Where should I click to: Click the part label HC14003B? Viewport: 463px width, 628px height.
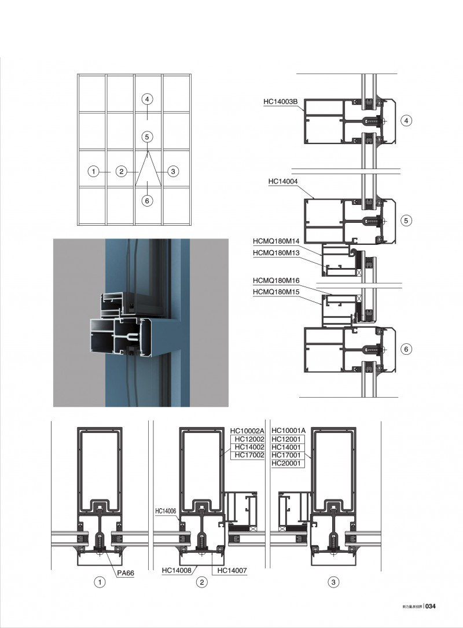point(281,102)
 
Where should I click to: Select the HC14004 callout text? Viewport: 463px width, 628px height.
point(283,181)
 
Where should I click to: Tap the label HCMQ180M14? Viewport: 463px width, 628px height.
point(276,241)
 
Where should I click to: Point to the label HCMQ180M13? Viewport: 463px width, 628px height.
point(276,252)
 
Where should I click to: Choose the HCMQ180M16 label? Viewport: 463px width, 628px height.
point(276,281)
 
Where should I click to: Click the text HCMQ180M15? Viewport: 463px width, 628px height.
point(276,292)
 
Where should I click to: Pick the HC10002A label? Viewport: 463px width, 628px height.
point(247,431)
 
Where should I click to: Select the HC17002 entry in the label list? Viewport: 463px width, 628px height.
point(247,456)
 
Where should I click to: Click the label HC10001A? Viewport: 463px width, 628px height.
point(288,431)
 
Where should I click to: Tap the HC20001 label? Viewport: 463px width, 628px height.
point(288,464)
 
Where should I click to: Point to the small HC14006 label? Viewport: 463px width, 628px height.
point(165,512)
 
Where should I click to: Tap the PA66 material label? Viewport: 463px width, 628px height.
point(126,573)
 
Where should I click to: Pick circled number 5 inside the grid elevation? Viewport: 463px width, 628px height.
point(148,137)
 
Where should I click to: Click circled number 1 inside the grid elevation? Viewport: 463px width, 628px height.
point(92,171)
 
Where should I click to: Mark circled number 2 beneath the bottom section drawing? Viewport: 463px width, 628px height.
point(201,582)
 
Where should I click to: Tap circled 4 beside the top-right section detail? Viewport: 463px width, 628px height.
point(406,121)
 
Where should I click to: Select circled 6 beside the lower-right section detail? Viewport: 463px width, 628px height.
point(406,349)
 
